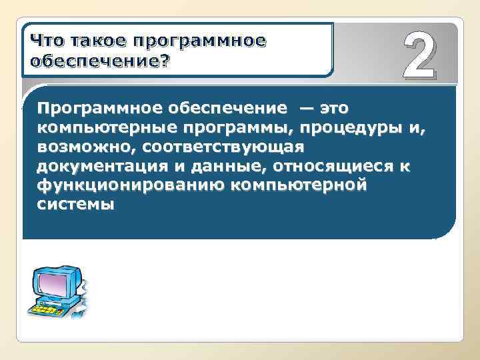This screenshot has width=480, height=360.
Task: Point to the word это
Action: (333, 107)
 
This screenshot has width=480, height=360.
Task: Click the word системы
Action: (75, 204)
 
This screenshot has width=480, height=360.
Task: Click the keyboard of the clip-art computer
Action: (50, 309)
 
